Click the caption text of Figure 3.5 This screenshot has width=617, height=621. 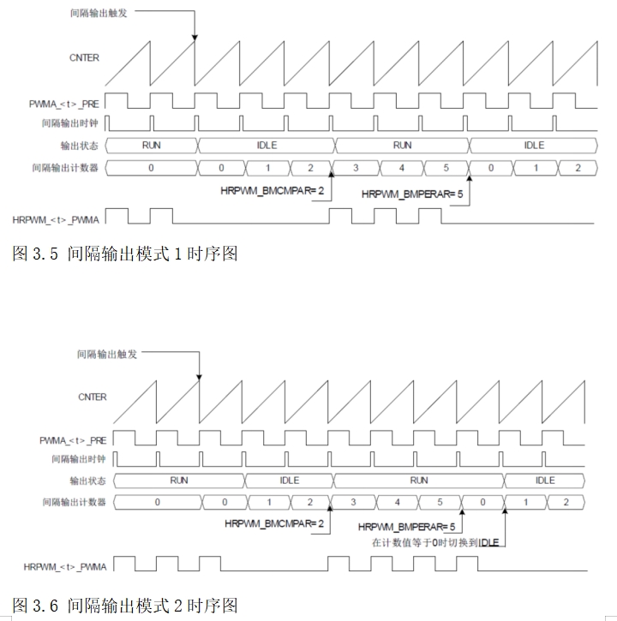click(125, 254)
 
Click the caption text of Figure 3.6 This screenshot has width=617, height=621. click(125, 606)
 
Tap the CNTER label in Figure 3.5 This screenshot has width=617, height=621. click(84, 58)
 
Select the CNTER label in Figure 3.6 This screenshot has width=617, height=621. click(93, 397)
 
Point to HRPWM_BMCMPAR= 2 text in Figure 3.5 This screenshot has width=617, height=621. click(273, 191)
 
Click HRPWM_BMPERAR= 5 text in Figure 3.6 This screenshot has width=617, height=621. click(406, 527)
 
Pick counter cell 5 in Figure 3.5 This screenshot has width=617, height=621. click(446, 168)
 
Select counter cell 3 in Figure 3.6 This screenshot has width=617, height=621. click(353, 502)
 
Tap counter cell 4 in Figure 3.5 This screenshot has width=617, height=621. click(401, 168)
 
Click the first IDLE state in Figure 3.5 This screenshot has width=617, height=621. click(267, 146)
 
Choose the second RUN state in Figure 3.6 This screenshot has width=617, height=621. click(419, 481)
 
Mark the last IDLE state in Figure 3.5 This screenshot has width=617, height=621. click(534, 146)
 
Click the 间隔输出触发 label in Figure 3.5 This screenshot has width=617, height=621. click(99, 13)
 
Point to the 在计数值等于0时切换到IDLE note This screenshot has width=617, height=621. click(435, 542)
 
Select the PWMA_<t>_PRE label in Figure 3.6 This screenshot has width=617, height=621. click(73, 440)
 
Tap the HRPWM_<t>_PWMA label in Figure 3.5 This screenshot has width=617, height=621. click(56, 220)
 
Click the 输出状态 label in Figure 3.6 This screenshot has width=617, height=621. click(87, 481)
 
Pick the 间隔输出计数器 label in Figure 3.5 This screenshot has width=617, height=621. click(65, 168)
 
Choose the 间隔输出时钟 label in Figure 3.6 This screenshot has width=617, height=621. click(79, 459)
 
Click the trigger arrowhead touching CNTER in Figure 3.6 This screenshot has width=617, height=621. click(200, 378)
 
